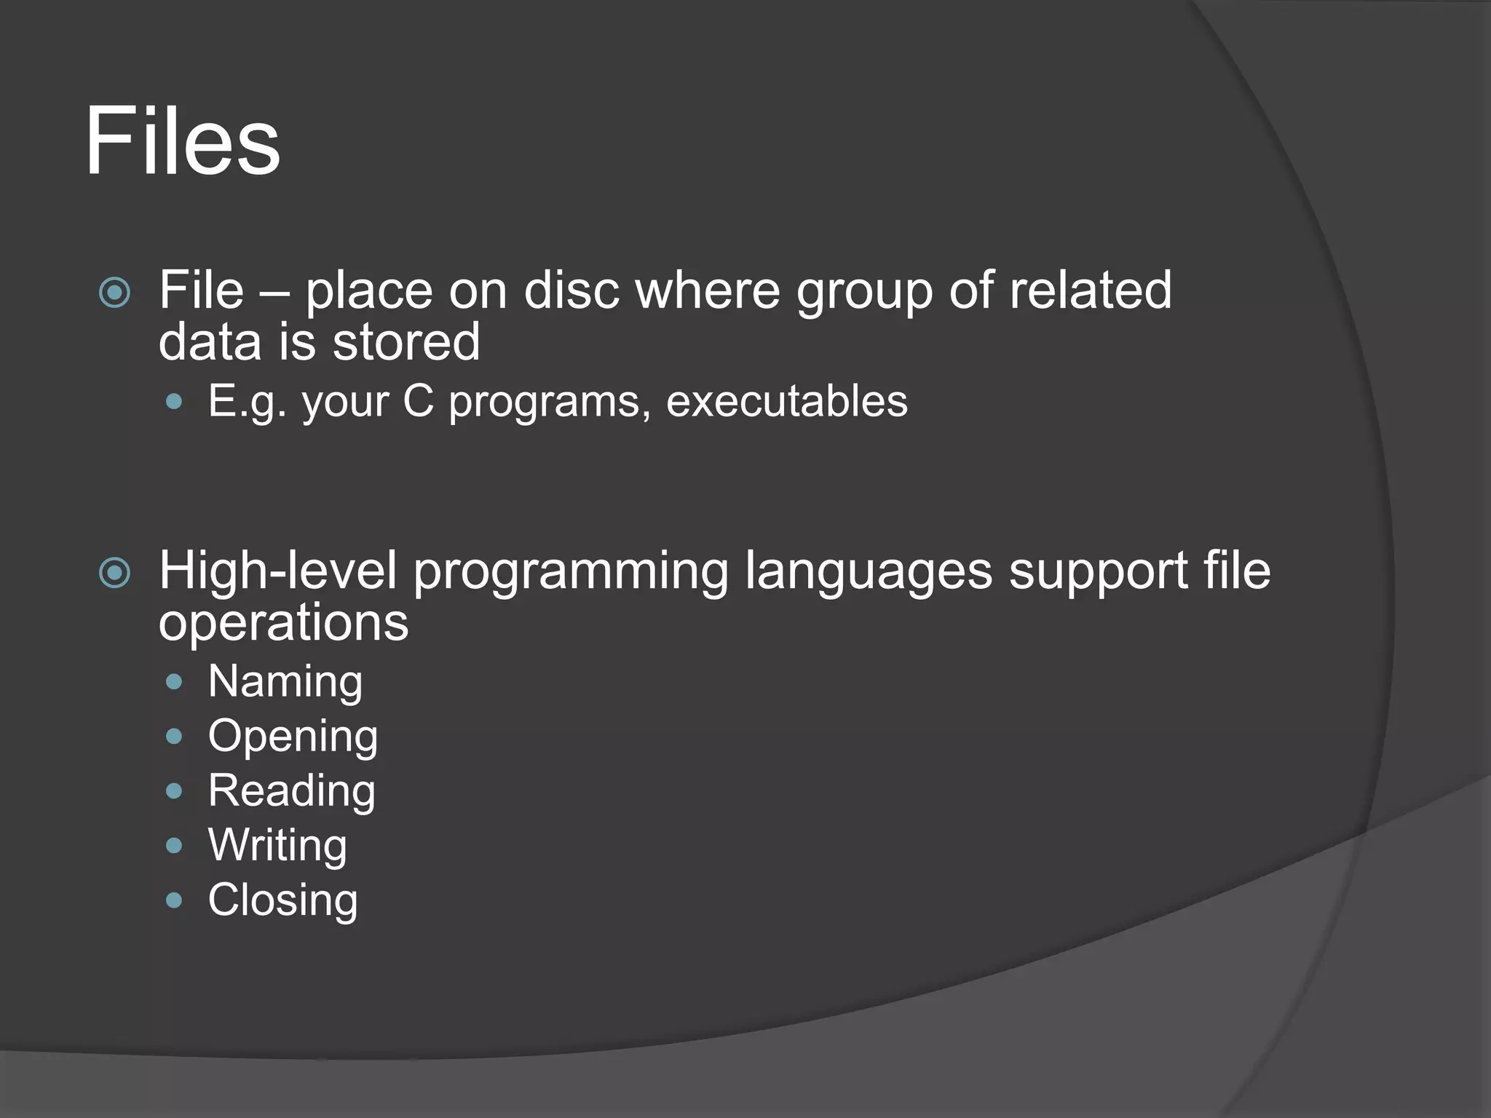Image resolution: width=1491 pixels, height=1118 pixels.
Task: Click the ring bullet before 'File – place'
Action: pos(114,293)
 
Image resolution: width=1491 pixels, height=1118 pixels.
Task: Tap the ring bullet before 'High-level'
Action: pos(114,573)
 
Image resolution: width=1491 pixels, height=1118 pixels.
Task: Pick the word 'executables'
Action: pos(786,401)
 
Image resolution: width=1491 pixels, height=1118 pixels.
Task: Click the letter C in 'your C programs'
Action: pos(418,401)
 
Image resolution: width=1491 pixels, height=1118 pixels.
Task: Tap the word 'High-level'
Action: pos(277,571)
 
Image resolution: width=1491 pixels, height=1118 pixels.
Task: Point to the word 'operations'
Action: pos(283,624)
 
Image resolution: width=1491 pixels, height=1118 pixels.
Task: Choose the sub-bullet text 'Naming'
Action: pos(285,682)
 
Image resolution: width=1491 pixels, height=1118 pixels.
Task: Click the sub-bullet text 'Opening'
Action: pos(293,737)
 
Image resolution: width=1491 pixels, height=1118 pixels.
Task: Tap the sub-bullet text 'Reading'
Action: pos(291,791)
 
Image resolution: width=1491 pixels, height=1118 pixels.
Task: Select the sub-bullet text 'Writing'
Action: pos(277,846)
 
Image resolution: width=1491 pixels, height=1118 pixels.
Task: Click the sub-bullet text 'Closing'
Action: pos(282,900)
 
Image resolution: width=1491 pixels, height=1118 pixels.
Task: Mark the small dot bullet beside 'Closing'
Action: pos(173,900)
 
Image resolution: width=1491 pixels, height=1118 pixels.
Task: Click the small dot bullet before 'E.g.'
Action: pos(173,401)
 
